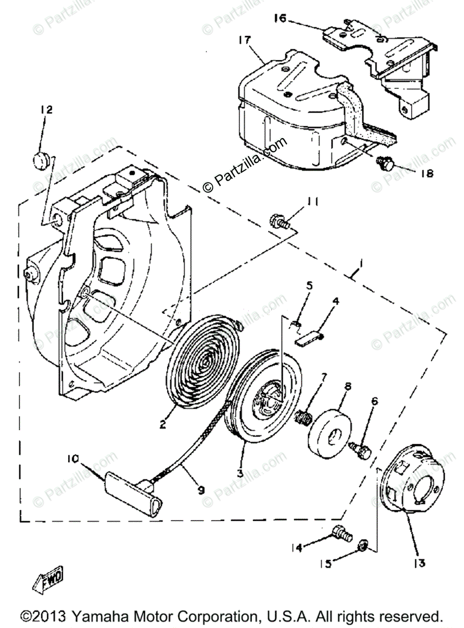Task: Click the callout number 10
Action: click(x=73, y=459)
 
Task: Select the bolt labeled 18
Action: click(x=385, y=165)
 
